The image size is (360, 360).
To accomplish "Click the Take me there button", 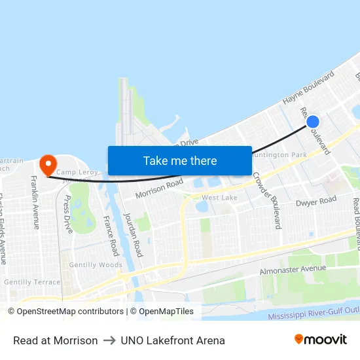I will (x=180, y=160).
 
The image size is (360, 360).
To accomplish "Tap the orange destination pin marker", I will (x=48, y=164).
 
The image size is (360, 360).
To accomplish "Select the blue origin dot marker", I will (x=313, y=121).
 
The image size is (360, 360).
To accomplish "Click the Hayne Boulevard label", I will (x=308, y=88).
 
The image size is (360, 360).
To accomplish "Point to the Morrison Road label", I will (x=159, y=189).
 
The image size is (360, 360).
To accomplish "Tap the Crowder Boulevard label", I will (x=266, y=200).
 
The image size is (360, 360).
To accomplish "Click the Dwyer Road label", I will (x=315, y=202).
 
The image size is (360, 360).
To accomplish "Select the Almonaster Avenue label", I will (x=293, y=268).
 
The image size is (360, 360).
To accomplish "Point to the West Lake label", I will (x=219, y=198).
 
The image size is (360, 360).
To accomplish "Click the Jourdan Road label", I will (x=133, y=234).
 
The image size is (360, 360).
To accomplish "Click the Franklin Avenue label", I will (x=35, y=202).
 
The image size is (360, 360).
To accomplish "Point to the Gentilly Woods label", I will (x=96, y=265).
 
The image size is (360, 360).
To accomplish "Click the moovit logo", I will (x=320, y=339).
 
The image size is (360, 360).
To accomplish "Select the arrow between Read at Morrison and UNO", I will (x=109, y=340).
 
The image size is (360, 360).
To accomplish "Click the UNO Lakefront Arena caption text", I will (x=173, y=340).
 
